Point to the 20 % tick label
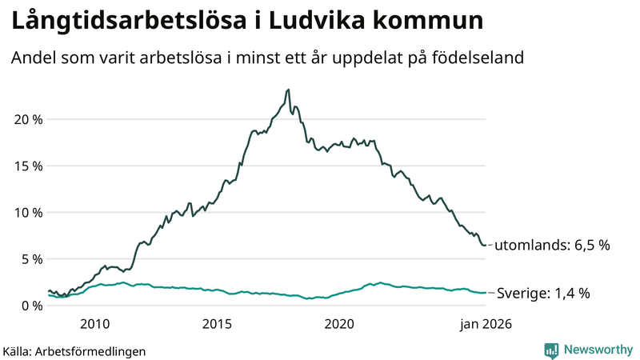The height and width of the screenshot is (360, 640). [x=27, y=119]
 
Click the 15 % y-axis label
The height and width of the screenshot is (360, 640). [x=27, y=166]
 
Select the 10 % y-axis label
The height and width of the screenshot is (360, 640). [x=27, y=212]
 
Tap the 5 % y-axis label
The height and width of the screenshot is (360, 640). [x=30, y=258]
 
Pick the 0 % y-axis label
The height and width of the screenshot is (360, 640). [x=30, y=305]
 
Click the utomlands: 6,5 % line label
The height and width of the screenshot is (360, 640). [x=552, y=245]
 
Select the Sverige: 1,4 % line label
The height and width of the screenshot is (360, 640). [x=543, y=293]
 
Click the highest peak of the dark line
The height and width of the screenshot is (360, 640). [x=288, y=90]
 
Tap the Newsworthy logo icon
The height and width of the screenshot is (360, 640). [x=551, y=350]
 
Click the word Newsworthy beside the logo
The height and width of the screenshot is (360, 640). [x=596, y=350]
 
